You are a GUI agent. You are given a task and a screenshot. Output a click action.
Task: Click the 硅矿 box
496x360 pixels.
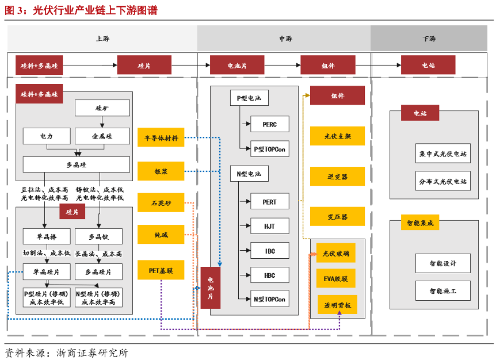coord(102,108)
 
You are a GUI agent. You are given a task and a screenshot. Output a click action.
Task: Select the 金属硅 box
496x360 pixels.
coord(102,136)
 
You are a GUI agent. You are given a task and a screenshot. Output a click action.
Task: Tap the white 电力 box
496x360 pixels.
coord(47,136)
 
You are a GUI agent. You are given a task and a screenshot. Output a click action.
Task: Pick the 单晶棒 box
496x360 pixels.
coord(47,236)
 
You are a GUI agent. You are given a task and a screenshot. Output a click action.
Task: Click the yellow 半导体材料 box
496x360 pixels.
coord(161,138)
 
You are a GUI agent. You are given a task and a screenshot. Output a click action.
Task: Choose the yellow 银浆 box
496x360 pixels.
coord(161,171)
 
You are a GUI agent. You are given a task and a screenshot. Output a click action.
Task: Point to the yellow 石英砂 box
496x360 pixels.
coord(161,203)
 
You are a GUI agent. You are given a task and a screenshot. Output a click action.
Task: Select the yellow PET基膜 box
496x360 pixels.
coord(161,270)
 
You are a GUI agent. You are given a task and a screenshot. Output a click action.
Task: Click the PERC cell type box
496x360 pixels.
coord(269,124)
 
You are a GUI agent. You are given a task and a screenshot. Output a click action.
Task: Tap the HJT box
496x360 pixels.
coord(269,226)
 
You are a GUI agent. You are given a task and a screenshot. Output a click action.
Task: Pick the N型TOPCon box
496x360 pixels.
coord(269,299)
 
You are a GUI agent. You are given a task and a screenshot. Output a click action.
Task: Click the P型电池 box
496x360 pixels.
coord(249,98)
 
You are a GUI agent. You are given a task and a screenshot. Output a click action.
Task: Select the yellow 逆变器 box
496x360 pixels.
coord(337,177)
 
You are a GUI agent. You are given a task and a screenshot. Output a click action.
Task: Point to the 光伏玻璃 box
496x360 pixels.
coord(335,253)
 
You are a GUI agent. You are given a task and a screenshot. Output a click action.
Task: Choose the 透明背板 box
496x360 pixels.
coord(337,305)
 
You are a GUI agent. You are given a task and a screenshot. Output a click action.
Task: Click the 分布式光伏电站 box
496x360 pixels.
coord(442,181)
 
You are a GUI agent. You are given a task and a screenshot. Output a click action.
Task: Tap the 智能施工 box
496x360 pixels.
coord(442,291)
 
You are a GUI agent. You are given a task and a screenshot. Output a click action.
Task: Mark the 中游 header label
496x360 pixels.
coord(285,39)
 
